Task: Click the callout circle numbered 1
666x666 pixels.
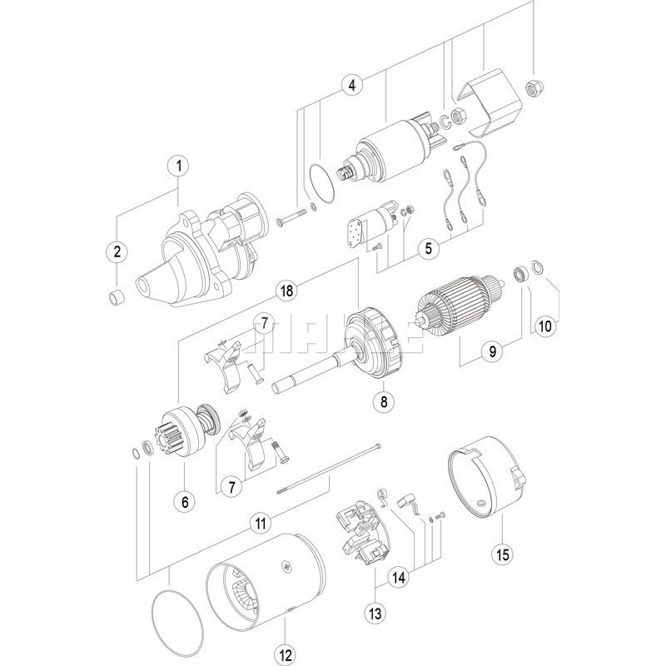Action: (x=177, y=166)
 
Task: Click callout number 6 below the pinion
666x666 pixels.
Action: (x=185, y=501)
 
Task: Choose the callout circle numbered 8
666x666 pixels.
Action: (x=384, y=402)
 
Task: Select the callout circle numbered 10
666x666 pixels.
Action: (x=544, y=326)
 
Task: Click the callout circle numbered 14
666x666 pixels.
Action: (x=400, y=575)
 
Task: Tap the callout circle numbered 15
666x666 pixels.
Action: (x=502, y=552)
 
